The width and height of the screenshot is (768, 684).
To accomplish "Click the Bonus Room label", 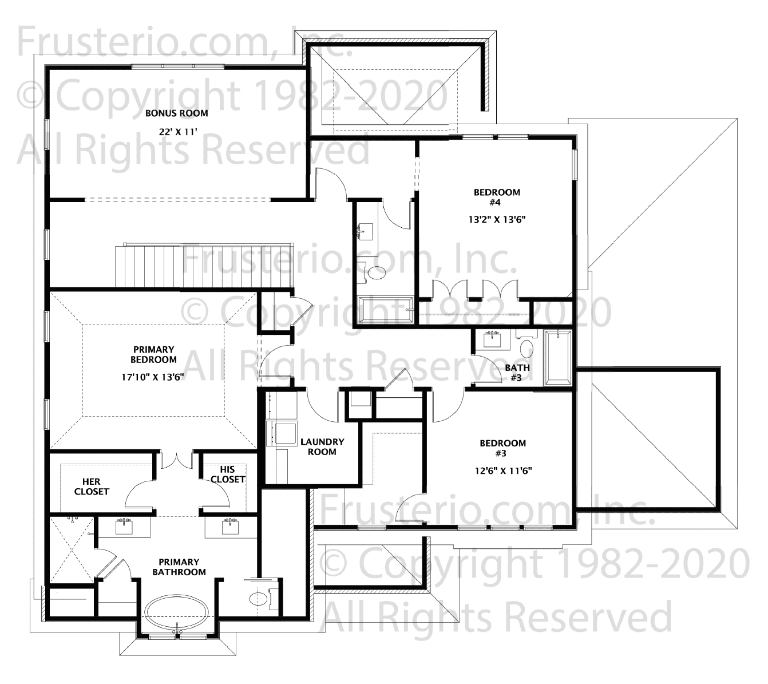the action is tap(177, 113).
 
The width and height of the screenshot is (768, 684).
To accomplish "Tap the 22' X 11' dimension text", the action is tap(177, 132).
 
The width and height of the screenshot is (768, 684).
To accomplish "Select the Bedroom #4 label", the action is tap(497, 197).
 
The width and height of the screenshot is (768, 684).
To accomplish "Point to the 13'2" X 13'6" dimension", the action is tap(497, 219).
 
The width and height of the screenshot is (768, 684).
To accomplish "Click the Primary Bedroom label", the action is tap(153, 354).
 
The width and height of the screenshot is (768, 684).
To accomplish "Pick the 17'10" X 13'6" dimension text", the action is tap(153, 377).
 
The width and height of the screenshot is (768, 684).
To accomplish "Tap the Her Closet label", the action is tap(92, 487).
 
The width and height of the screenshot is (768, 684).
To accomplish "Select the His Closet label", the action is tap(227, 475).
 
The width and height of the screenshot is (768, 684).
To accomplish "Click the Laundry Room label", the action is tap(322, 446).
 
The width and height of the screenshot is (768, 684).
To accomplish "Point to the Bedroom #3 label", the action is tap(502, 448).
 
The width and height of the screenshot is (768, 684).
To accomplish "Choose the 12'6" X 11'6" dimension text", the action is tap(503, 471).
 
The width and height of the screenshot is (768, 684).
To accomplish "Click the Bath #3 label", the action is tap(517, 372).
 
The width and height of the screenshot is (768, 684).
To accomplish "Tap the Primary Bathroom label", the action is tap(179, 567).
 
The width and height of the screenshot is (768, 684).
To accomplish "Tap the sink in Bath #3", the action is tap(492, 339).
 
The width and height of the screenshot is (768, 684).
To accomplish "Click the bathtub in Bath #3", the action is tap(557, 358).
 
